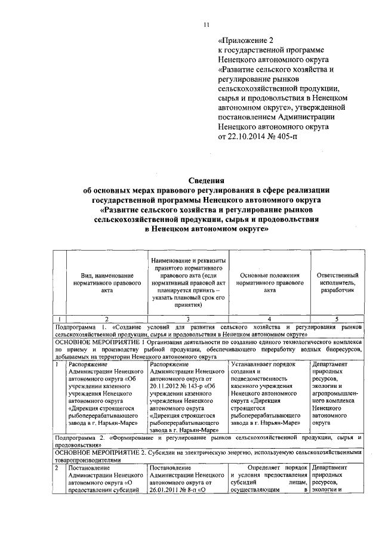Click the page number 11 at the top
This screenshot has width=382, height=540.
[x=207, y=24]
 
